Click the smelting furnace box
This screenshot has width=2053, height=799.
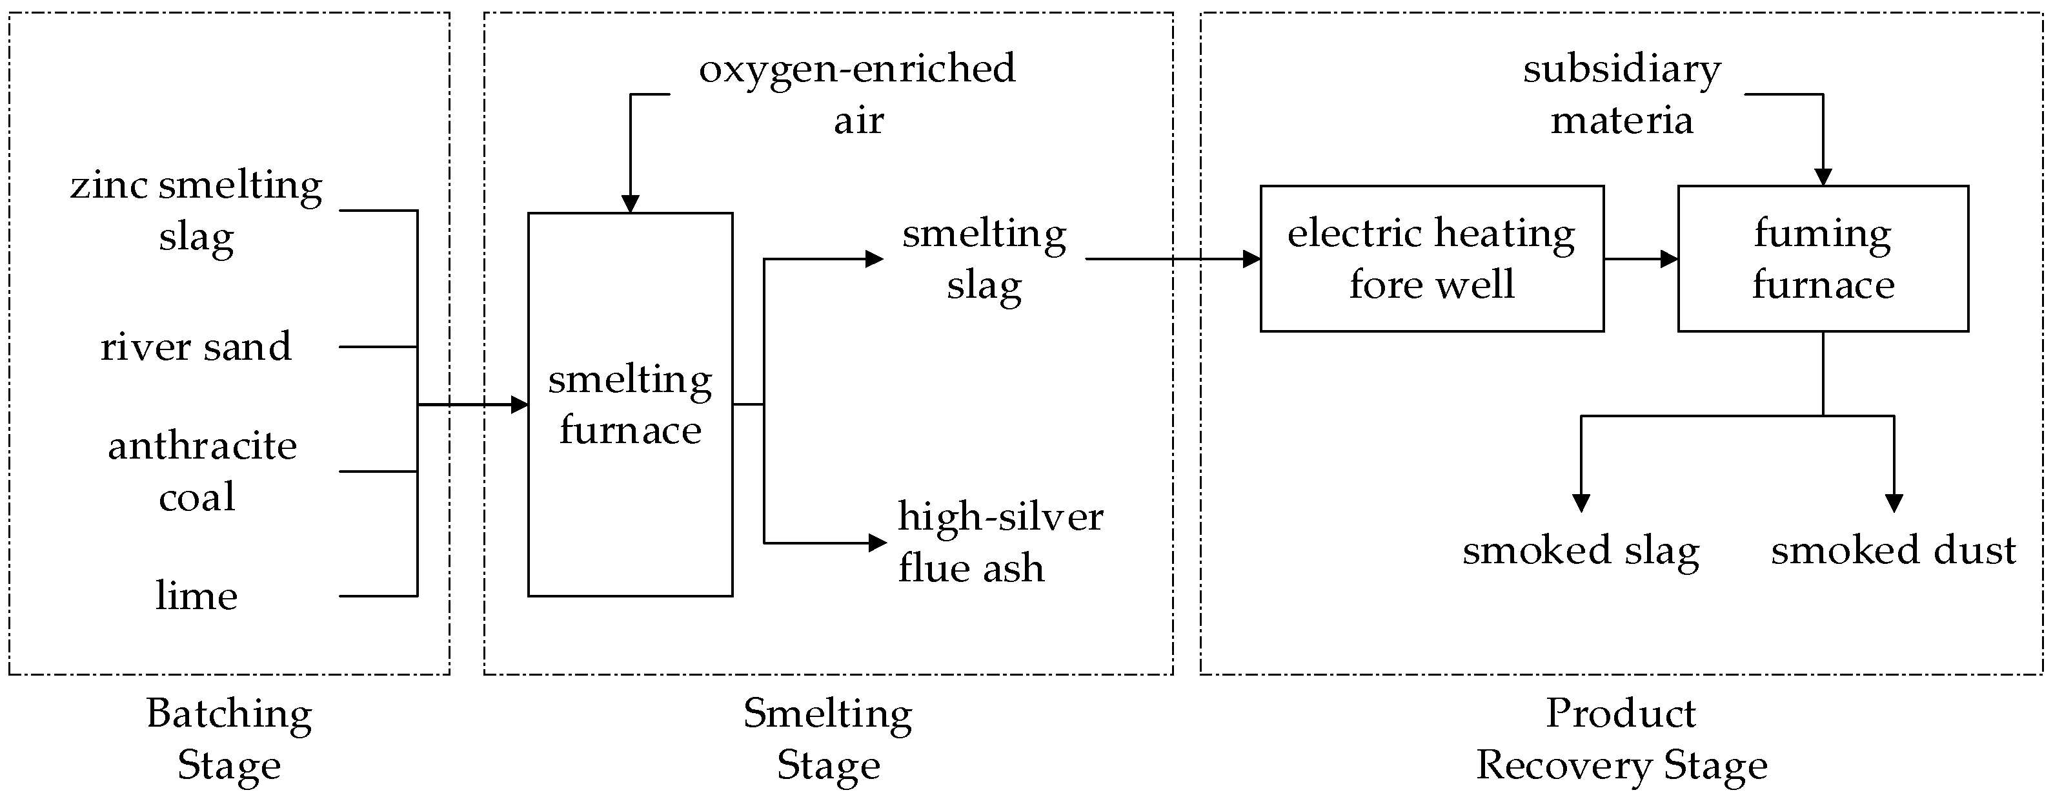coord(630,404)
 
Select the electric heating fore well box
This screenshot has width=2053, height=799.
coord(1431,258)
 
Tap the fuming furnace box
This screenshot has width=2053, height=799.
coord(1823,258)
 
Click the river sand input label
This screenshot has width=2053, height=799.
coord(196,347)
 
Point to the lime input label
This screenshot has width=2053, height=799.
coord(196,596)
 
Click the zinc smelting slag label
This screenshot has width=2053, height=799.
coord(196,211)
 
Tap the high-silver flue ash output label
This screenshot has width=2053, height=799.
coord(1000,542)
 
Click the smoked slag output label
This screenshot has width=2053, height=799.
coord(1581,550)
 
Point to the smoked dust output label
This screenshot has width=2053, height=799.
coord(1893,550)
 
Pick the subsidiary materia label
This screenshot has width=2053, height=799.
coord(1622,94)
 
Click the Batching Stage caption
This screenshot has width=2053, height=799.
coord(228,738)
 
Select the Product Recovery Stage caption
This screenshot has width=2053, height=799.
coord(1622,738)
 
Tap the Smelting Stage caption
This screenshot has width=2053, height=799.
coord(828,738)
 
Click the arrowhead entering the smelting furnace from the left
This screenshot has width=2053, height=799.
coord(520,405)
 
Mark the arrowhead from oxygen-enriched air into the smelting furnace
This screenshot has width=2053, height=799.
coord(631,203)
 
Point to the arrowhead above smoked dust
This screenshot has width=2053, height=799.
coord(1894,503)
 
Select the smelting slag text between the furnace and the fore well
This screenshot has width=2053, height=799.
coord(984,258)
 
